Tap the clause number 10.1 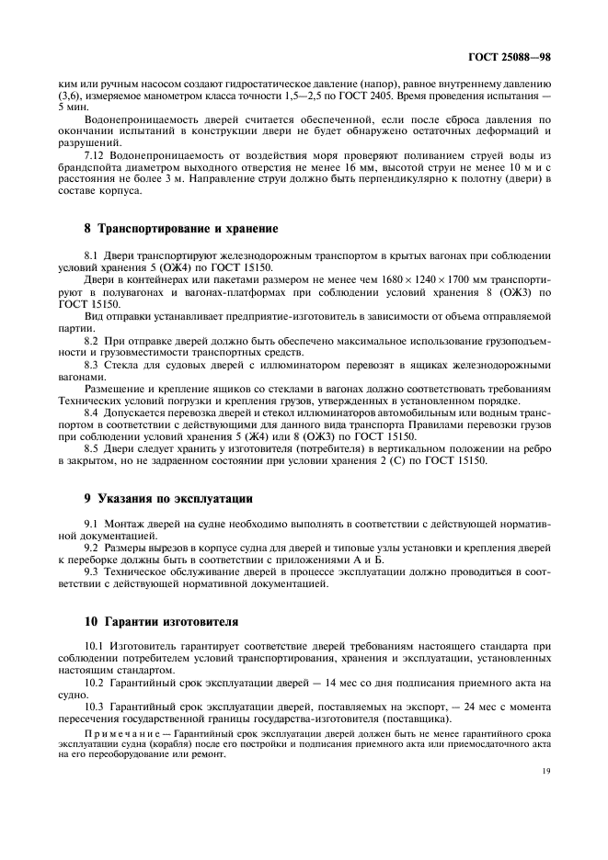tap(97, 645)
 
